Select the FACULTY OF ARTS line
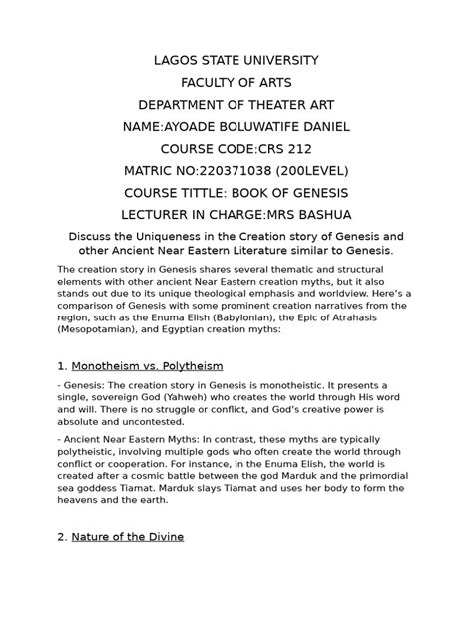point(236,82)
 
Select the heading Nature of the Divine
point(127,536)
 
